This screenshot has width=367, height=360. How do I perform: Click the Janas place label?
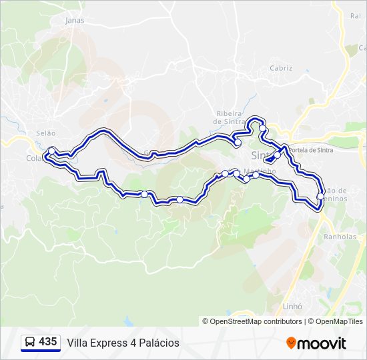(x=75, y=20)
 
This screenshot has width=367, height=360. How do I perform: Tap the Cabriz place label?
(x=281, y=68)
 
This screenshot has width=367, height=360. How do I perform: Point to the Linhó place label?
(x=293, y=307)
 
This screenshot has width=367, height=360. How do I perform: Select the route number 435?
(x=48, y=341)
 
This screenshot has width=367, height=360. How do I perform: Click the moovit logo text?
(x=322, y=343)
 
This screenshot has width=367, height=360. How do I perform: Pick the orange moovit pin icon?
(x=291, y=343)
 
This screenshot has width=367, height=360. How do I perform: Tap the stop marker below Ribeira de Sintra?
(x=238, y=143)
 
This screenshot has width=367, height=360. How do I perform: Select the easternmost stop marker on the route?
(x=321, y=196)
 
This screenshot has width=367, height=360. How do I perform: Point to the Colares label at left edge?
(x=33, y=158)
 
